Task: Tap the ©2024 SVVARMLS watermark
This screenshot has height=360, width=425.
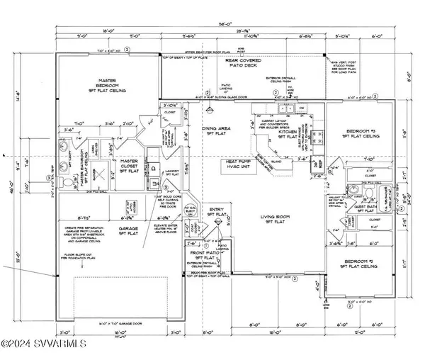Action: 44,346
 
